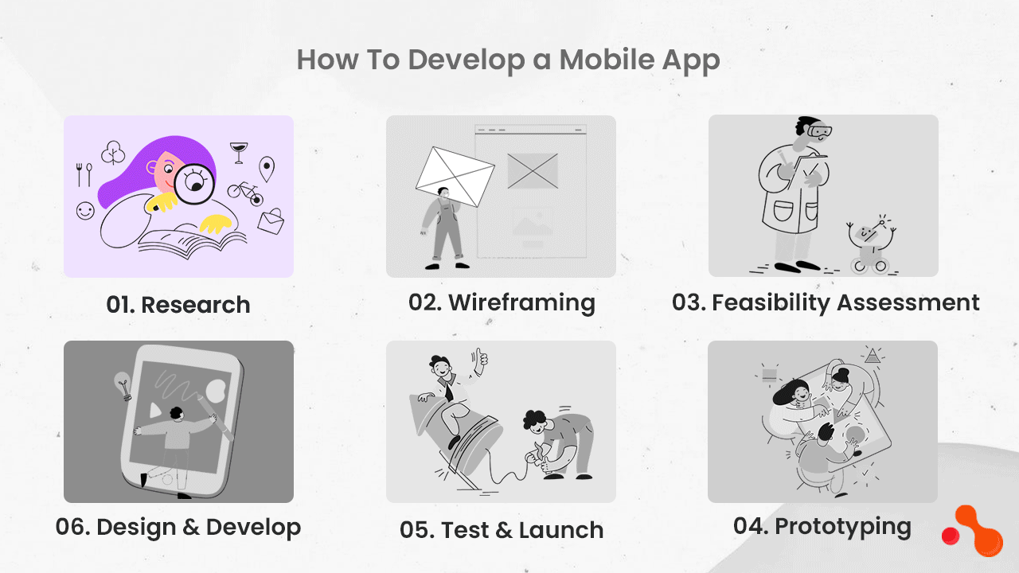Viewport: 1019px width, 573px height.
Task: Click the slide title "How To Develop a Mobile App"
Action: pos(508,60)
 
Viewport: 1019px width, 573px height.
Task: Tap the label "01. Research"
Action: pos(178,305)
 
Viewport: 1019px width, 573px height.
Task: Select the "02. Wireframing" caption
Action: pos(502,302)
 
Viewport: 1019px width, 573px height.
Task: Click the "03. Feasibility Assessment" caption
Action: pos(826,302)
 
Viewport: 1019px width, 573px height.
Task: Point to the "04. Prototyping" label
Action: pos(822,526)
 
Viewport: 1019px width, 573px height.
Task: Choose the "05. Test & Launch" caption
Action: pos(502,530)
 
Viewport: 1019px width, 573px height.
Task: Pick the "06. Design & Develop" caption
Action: pos(178,527)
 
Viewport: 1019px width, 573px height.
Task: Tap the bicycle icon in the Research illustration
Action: pos(244,190)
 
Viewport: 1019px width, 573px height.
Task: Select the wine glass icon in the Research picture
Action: pos(238,152)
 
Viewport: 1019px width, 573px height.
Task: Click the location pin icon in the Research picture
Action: pos(267,168)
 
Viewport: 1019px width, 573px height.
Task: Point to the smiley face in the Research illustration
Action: pos(85,211)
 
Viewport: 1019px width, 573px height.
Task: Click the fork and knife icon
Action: pos(84,173)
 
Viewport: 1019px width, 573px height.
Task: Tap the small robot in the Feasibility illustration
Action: pos(869,244)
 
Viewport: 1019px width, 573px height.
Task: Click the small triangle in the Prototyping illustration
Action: pos(873,356)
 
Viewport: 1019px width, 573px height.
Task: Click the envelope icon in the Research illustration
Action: pos(271,220)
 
